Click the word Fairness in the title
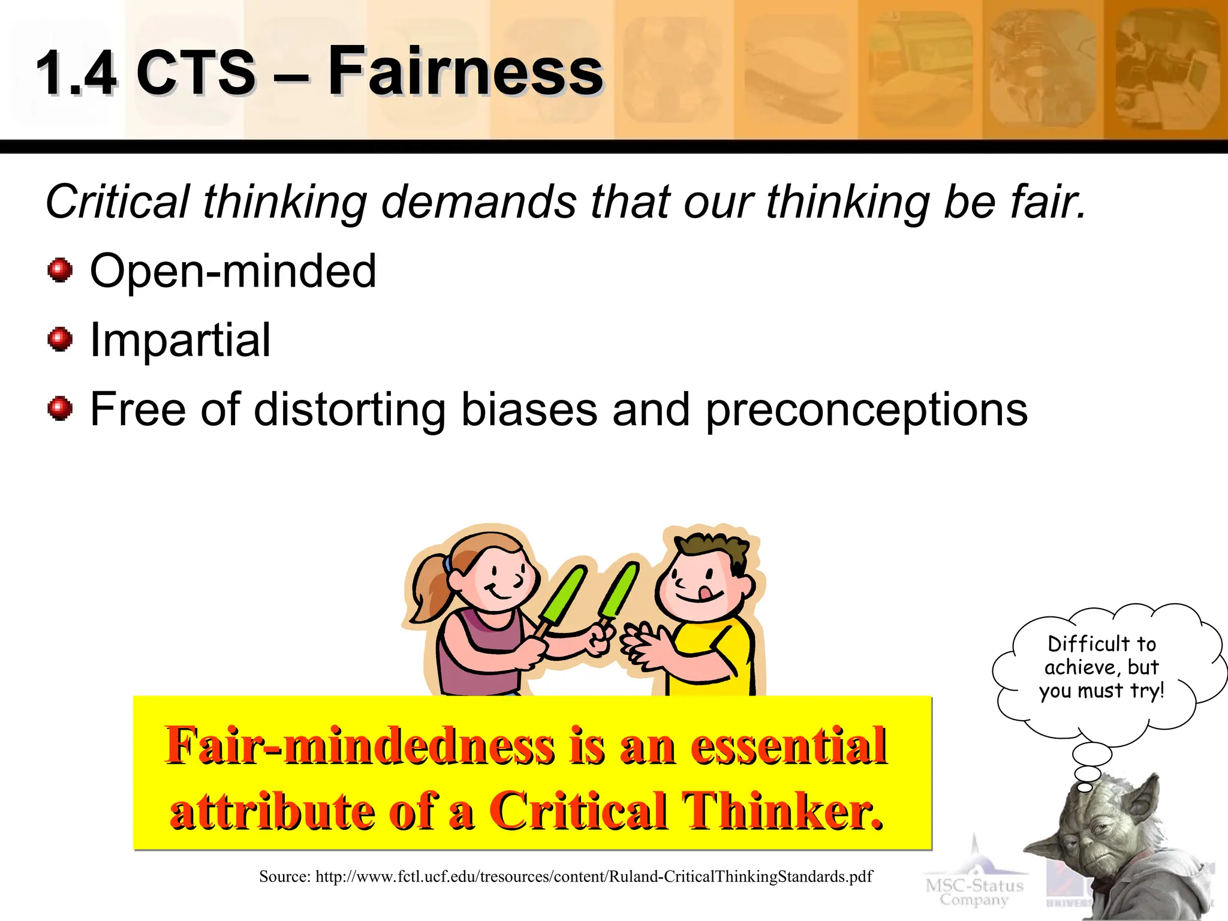pos(465,71)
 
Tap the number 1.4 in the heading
pos(76,73)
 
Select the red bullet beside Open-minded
pos(60,270)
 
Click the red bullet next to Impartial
pos(60,340)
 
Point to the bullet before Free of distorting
pos(60,410)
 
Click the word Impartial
pos(180,340)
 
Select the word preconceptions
pos(866,411)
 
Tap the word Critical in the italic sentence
pos(118,202)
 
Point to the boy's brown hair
pos(714,549)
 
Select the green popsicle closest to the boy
pos(619,591)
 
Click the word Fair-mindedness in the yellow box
pos(360,745)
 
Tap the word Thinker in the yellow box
pos(782,811)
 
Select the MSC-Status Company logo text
pos(974,892)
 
